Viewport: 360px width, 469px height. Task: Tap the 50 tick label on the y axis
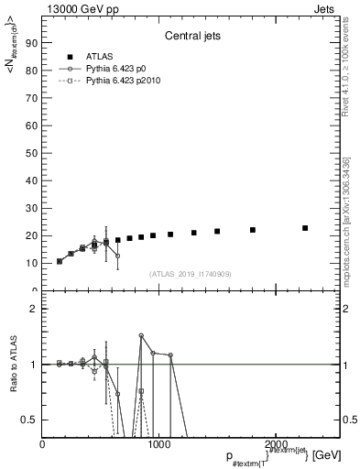coord(33,152)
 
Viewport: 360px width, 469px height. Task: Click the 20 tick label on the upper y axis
coord(33,235)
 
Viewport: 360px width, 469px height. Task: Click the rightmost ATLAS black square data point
coord(305,228)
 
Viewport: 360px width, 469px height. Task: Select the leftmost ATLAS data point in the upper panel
coord(60,261)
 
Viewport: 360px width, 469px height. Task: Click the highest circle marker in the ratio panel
coord(141,335)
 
